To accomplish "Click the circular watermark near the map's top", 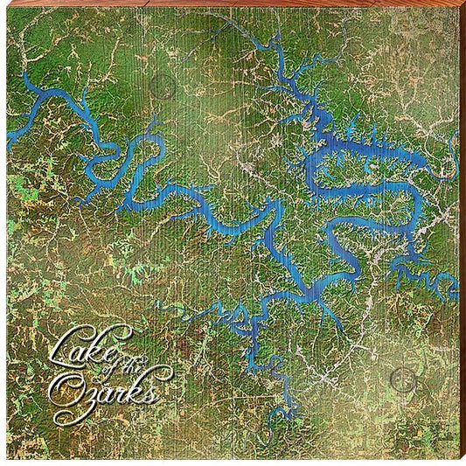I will point(162,86).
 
